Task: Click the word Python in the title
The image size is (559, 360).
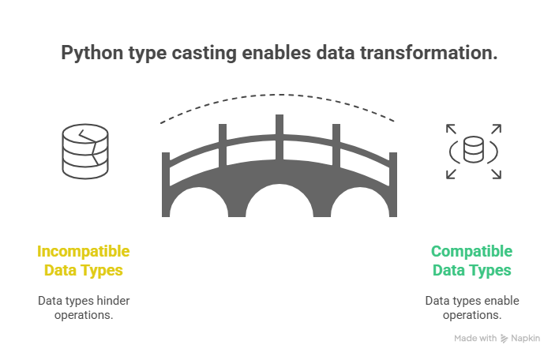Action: [x=89, y=54]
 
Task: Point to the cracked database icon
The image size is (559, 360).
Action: [x=83, y=151]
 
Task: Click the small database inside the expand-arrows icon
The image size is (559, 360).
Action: [x=473, y=150]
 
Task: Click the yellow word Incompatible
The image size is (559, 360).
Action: [x=84, y=252]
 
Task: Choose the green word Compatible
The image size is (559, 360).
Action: [x=471, y=252]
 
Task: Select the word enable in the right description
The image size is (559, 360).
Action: [x=502, y=301]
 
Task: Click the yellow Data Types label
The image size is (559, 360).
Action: [x=84, y=271]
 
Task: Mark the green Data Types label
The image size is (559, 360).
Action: [x=471, y=271]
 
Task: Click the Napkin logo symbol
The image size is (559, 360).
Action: [x=505, y=339]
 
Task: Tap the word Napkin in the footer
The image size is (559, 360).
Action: [x=525, y=339]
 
